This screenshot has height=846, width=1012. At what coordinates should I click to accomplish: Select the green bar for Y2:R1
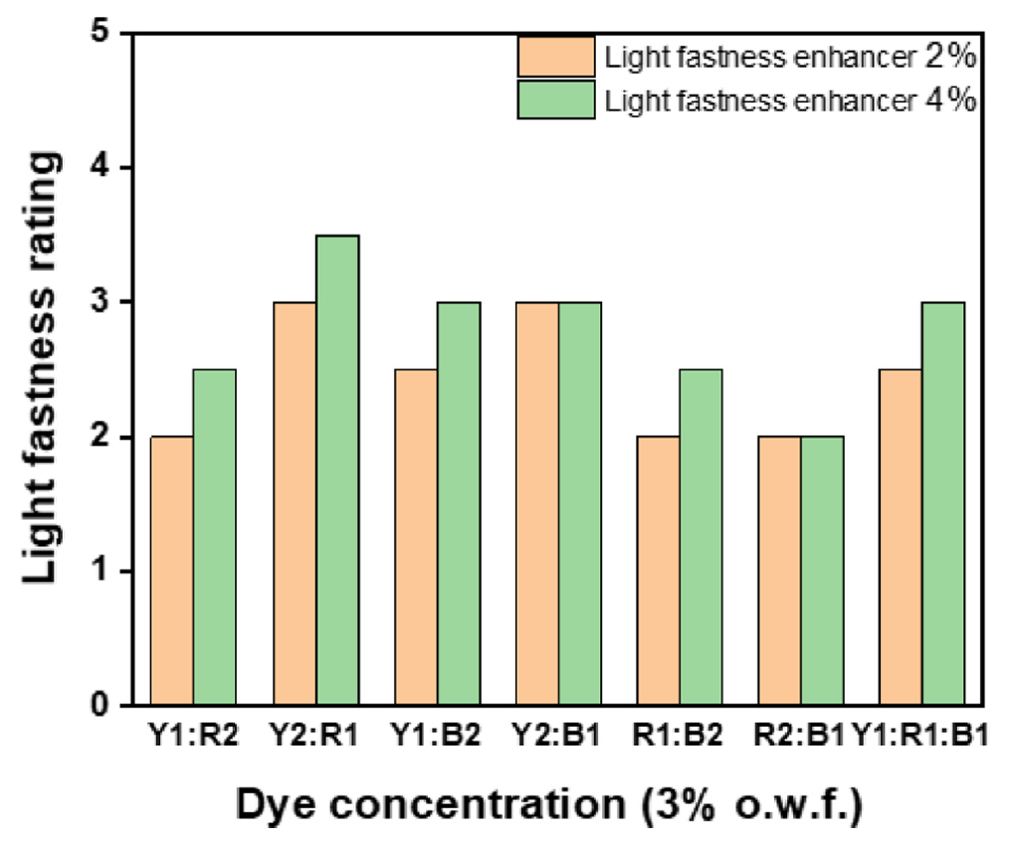[x=337, y=470]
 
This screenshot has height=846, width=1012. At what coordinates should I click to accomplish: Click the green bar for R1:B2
[x=702, y=537]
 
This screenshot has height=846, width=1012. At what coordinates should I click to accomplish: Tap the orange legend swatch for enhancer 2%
[x=555, y=57]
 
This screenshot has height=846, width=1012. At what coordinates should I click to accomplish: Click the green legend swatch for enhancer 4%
[x=555, y=100]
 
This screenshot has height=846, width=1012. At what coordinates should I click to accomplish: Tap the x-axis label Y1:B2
[x=438, y=737]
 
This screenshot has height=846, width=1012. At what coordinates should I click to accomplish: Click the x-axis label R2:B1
[x=802, y=737]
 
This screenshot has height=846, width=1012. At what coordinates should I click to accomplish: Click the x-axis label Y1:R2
[x=193, y=737]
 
